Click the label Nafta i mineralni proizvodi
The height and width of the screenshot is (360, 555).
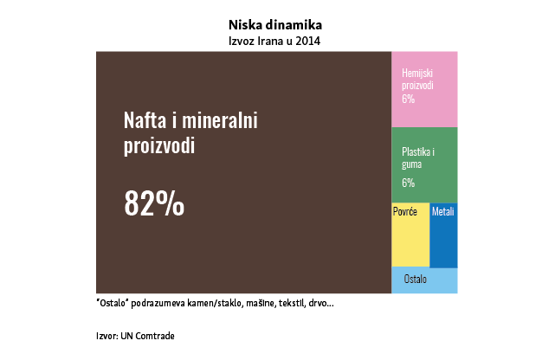tap(190, 132)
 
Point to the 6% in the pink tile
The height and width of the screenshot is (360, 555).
tap(408, 100)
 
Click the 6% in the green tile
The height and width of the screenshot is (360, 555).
tap(408, 183)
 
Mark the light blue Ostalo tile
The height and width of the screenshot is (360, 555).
tap(424, 280)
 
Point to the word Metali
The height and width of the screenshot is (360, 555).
tap(442, 212)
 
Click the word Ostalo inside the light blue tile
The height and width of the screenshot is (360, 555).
tap(416, 280)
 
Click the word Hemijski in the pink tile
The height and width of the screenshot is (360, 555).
tap(418, 74)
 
